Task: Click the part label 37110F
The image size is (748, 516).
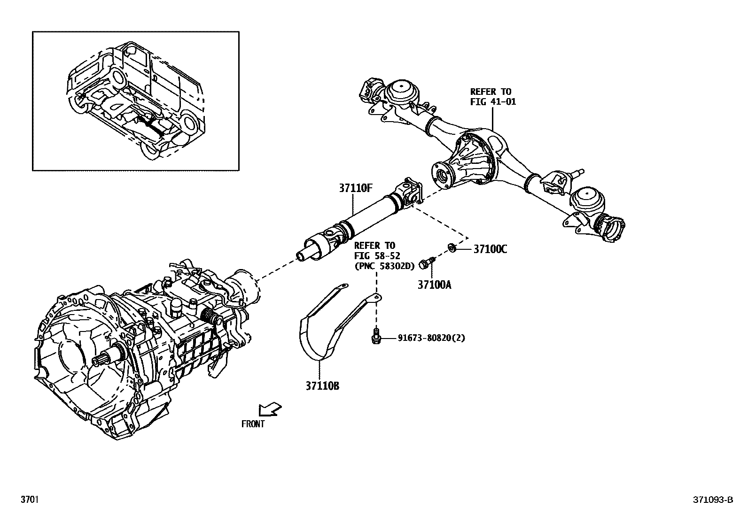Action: [356, 188]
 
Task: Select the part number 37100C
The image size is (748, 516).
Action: [490, 249]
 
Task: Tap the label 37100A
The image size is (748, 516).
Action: [434, 285]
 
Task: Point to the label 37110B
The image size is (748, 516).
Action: [322, 386]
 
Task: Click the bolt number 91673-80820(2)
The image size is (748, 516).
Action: [431, 338]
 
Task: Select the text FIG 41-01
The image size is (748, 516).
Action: [493, 101]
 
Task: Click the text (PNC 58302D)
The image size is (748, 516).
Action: [385, 266]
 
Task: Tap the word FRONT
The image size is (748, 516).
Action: [253, 424]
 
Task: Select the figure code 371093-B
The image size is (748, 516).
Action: [713, 500]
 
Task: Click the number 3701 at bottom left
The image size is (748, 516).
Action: [29, 500]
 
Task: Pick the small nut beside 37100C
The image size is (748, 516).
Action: [451, 247]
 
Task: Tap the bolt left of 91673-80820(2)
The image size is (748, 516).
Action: [375, 337]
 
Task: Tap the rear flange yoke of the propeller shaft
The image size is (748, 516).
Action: [410, 191]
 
